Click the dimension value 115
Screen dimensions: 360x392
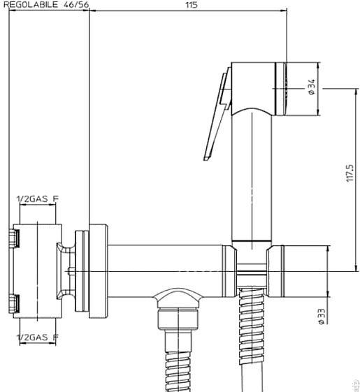click(x=192, y=5)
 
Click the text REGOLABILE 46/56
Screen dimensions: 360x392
click(x=46, y=5)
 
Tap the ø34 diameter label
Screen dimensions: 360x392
click(x=312, y=87)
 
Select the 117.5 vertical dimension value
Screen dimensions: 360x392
click(x=350, y=173)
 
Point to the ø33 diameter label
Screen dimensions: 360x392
click(x=322, y=317)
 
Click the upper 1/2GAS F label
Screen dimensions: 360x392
click(x=37, y=199)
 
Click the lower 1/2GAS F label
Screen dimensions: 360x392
click(x=37, y=337)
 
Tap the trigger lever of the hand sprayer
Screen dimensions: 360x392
click(x=217, y=114)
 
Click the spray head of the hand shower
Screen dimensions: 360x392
click(x=259, y=89)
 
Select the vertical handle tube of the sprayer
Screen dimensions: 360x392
click(x=252, y=177)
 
